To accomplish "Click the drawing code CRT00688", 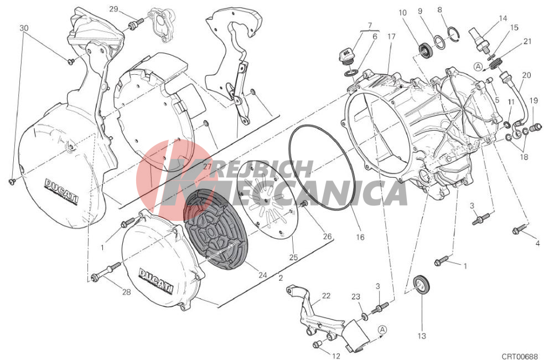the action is tap(519, 357).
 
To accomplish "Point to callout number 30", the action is tap(24, 28).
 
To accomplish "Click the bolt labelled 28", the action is tap(106, 272).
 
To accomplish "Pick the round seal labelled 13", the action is tap(422, 284).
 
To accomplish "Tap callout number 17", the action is tap(391, 36).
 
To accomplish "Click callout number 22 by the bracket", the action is tap(326, 296).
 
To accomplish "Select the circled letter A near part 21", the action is tap(478, 66).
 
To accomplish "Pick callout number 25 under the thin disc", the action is tap(293, 258).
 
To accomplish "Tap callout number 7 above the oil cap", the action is tap(370, 25).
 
